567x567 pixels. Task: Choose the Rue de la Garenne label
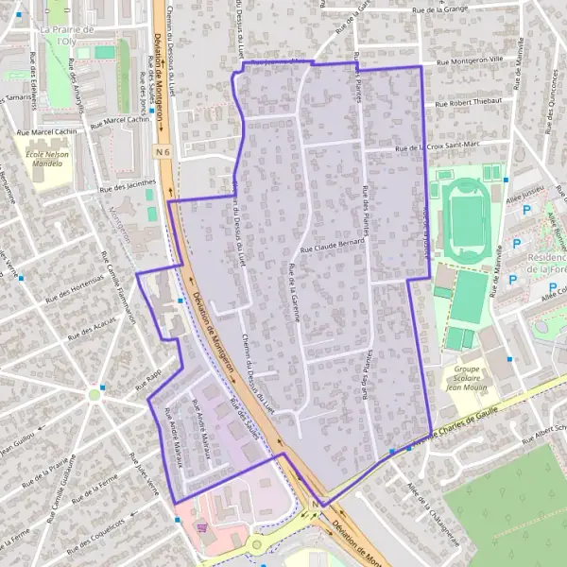[x=292, y=294]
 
